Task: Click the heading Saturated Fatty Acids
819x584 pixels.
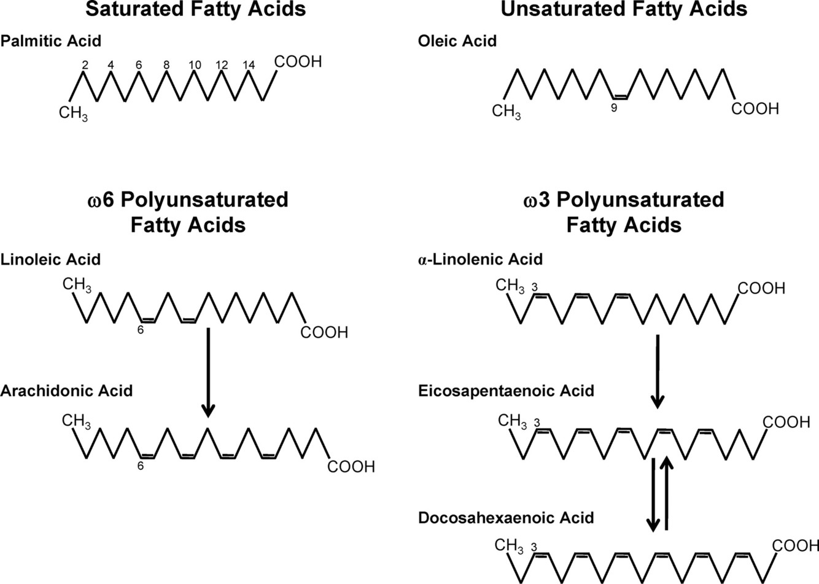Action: click(195, 9)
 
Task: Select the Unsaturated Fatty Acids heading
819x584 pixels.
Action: click(624, 9)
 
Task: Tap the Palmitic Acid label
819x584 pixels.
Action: click(51, 42)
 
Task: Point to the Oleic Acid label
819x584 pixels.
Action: click(457, 42)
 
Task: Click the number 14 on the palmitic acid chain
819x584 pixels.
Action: click(248, 65)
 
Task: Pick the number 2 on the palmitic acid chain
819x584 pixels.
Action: click(85, 65)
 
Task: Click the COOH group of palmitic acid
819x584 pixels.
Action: click(298, 61)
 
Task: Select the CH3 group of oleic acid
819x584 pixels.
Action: click(507, 112)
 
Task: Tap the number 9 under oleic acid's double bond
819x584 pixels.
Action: click(613, 109)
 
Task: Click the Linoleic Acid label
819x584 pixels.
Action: click(51, 259)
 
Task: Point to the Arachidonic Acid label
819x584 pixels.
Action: click(67, 391)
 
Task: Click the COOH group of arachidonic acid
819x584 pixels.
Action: click(351, 467)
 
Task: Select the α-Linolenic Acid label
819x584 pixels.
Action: click(480, 259)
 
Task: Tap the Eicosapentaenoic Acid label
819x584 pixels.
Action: click(506, 391)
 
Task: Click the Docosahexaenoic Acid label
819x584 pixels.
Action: click(506, 518)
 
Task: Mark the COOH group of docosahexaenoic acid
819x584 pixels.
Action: click(795, 545)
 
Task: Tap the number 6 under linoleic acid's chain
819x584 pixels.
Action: click(140, 330)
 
